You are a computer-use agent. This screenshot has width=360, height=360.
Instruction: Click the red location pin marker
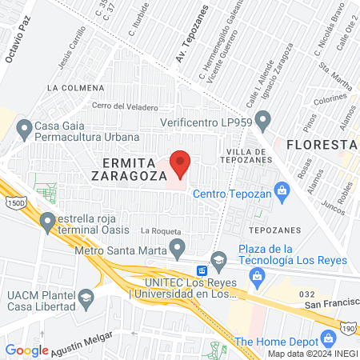(180, 163)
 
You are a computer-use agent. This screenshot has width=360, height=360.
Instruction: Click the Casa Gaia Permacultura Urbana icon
(23, 126)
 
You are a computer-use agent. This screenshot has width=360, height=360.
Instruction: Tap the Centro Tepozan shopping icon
(281, 190)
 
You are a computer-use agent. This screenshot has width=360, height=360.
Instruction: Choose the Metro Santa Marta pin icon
(179, 246)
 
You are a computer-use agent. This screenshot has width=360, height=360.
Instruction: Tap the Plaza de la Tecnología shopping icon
(257, 277)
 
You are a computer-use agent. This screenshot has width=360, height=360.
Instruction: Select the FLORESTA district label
(321, 145)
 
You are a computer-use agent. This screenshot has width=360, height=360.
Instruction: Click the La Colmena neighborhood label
(75, 86)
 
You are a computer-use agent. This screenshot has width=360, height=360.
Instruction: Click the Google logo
(26, 350)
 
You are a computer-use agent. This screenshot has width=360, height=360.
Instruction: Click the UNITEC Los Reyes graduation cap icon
(219, 259)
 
